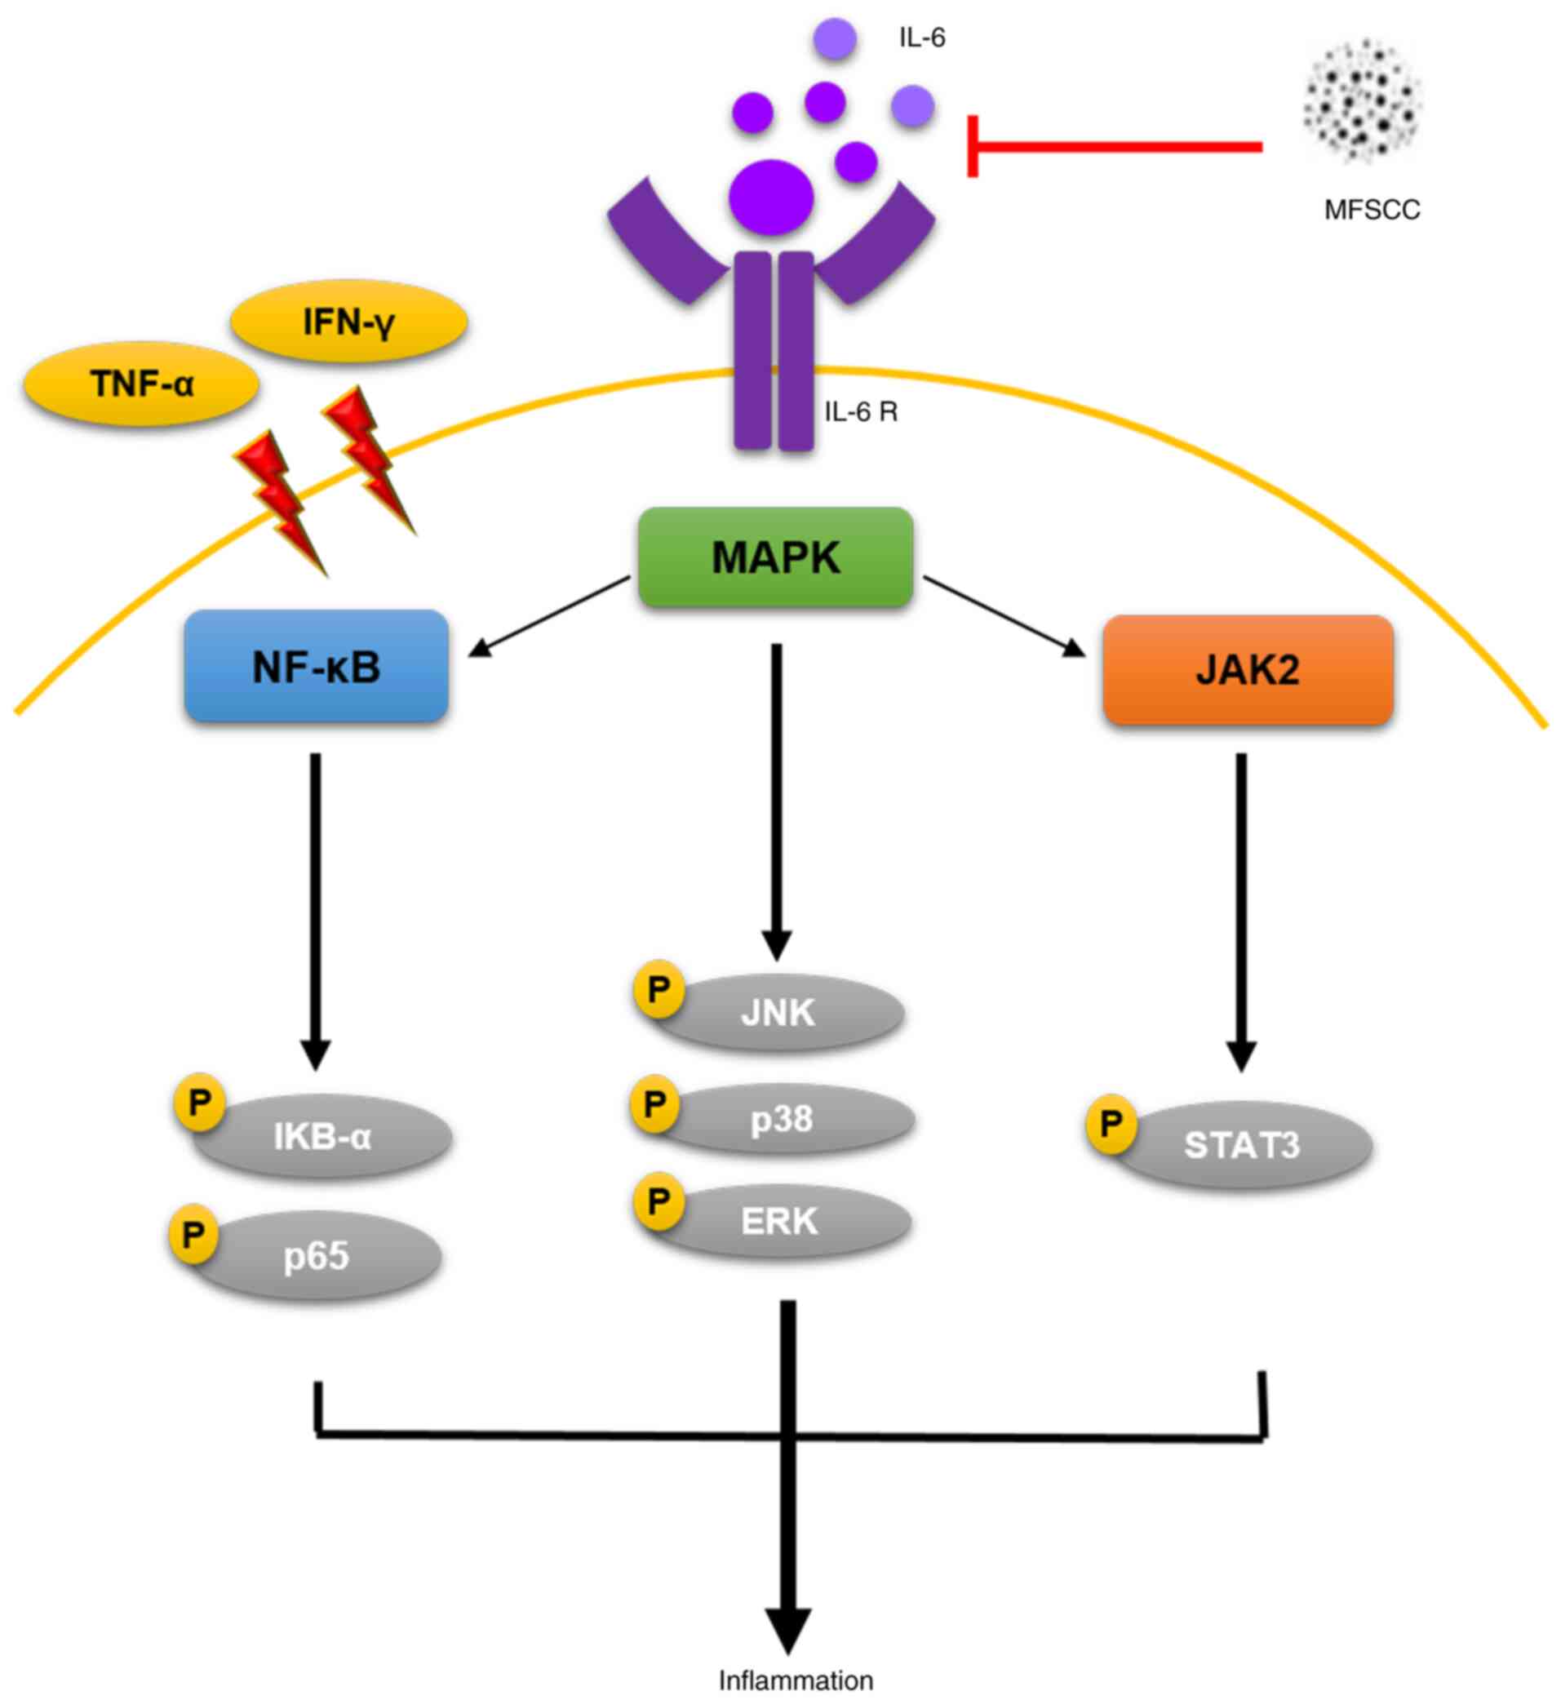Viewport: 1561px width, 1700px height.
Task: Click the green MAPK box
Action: [x=774, y=557]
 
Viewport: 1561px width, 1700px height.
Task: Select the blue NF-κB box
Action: [x=316, y=667]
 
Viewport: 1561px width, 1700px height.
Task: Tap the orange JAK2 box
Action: [x=1247, y=670]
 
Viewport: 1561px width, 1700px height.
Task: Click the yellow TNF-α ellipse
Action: [x=141, y=384]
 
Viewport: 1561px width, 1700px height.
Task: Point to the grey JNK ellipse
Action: [x=778, y=1012]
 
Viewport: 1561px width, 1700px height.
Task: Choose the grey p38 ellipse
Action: [x=783, y=1119]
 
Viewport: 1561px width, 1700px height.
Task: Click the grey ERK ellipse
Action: [x=779, y=1220]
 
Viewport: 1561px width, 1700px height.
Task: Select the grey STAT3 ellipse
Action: [x=1242, y=1146]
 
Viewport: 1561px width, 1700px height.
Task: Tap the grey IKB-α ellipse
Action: [x=323, y=1137]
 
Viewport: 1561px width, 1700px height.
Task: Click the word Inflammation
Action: [x=795, y=1680]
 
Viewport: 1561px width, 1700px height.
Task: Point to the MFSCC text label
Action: [x=1371, y=210]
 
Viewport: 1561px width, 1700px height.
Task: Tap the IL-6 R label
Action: [x=860, y=412]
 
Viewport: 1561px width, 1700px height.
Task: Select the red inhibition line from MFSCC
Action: [x=1115, y=147]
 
